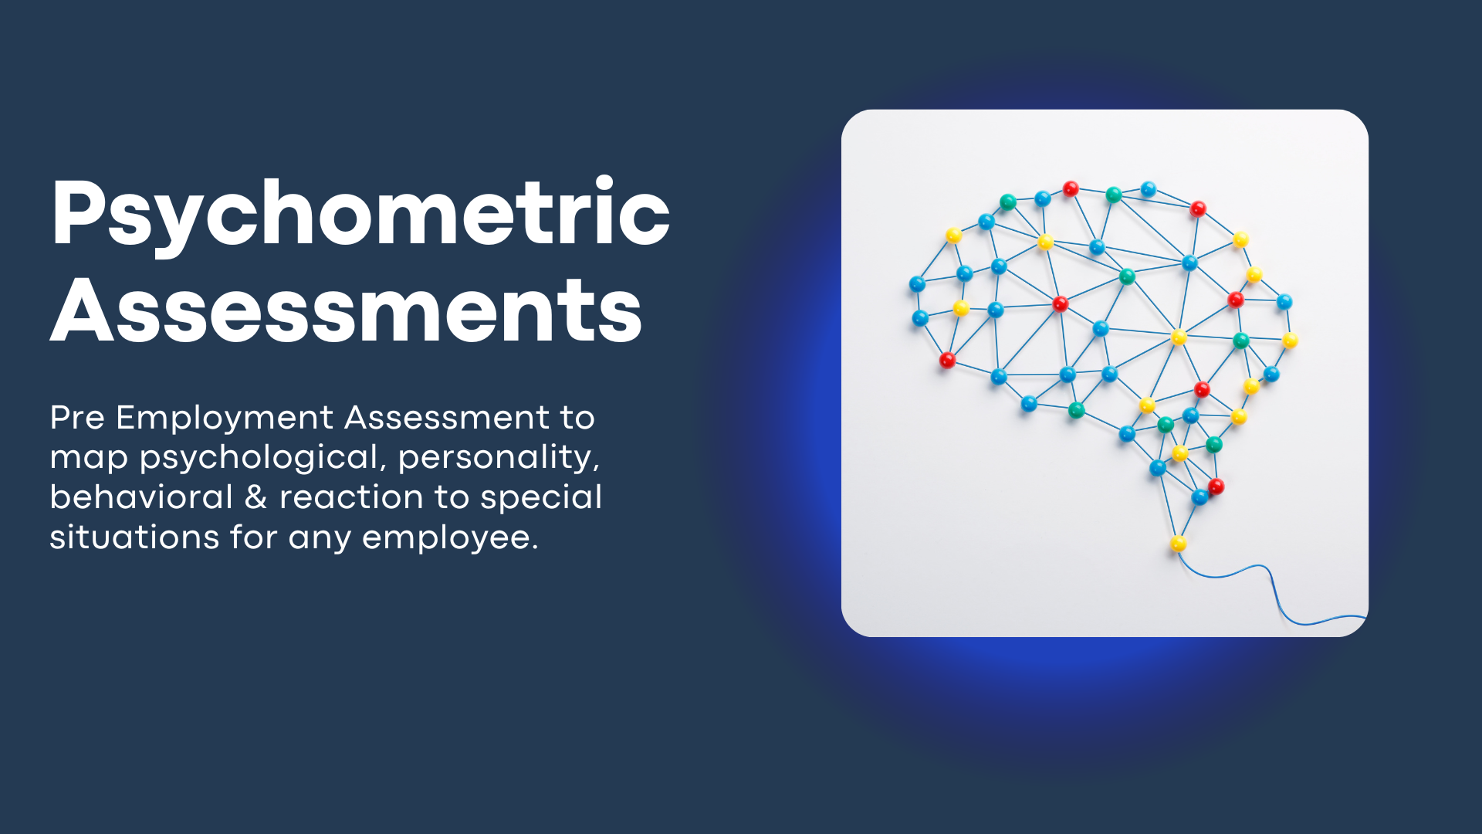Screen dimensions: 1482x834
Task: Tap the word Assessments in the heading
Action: coord(347,310)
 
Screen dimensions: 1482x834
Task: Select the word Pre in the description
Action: coord(77,418)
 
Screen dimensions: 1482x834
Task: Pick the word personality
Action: coord(499,458)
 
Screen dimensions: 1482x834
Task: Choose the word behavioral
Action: coord(141,497)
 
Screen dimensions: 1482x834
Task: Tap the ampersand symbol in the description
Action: coord(256,497)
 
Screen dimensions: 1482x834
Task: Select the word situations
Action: coord(134,537)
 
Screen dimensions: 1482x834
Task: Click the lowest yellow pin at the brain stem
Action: coord(1178,544)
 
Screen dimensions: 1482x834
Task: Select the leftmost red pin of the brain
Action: coord(947,360)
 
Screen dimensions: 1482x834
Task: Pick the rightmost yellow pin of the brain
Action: coord(1290,340)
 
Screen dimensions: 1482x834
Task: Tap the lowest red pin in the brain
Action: coord(1216,486)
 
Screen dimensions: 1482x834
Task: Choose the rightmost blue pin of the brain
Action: coord(1284,301)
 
